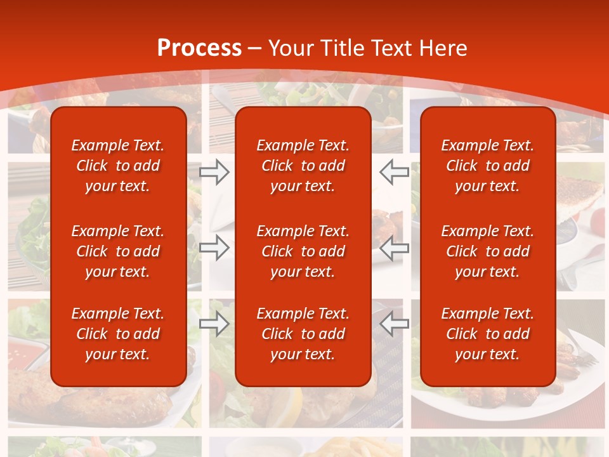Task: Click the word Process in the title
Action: coord(199,48)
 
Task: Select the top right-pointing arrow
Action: coord(214,171)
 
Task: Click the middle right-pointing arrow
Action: coord(214,248)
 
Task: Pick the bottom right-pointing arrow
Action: coord(214,324)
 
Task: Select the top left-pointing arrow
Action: coord(395,171)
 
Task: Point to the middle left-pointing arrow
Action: coord(395,248)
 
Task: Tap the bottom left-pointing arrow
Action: coord(395,324)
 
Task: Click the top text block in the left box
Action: coord(118,166)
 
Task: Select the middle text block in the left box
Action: coord(118,251)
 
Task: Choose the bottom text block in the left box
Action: coord(118,334)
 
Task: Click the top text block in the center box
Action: coord(303,166)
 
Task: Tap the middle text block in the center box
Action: coord(303,251)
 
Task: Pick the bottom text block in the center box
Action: coord(303,334)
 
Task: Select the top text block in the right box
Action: coord(488,166)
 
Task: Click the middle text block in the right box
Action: coord(488,251)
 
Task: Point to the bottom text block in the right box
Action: coord(488,334)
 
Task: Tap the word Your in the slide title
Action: coord(289,48)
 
